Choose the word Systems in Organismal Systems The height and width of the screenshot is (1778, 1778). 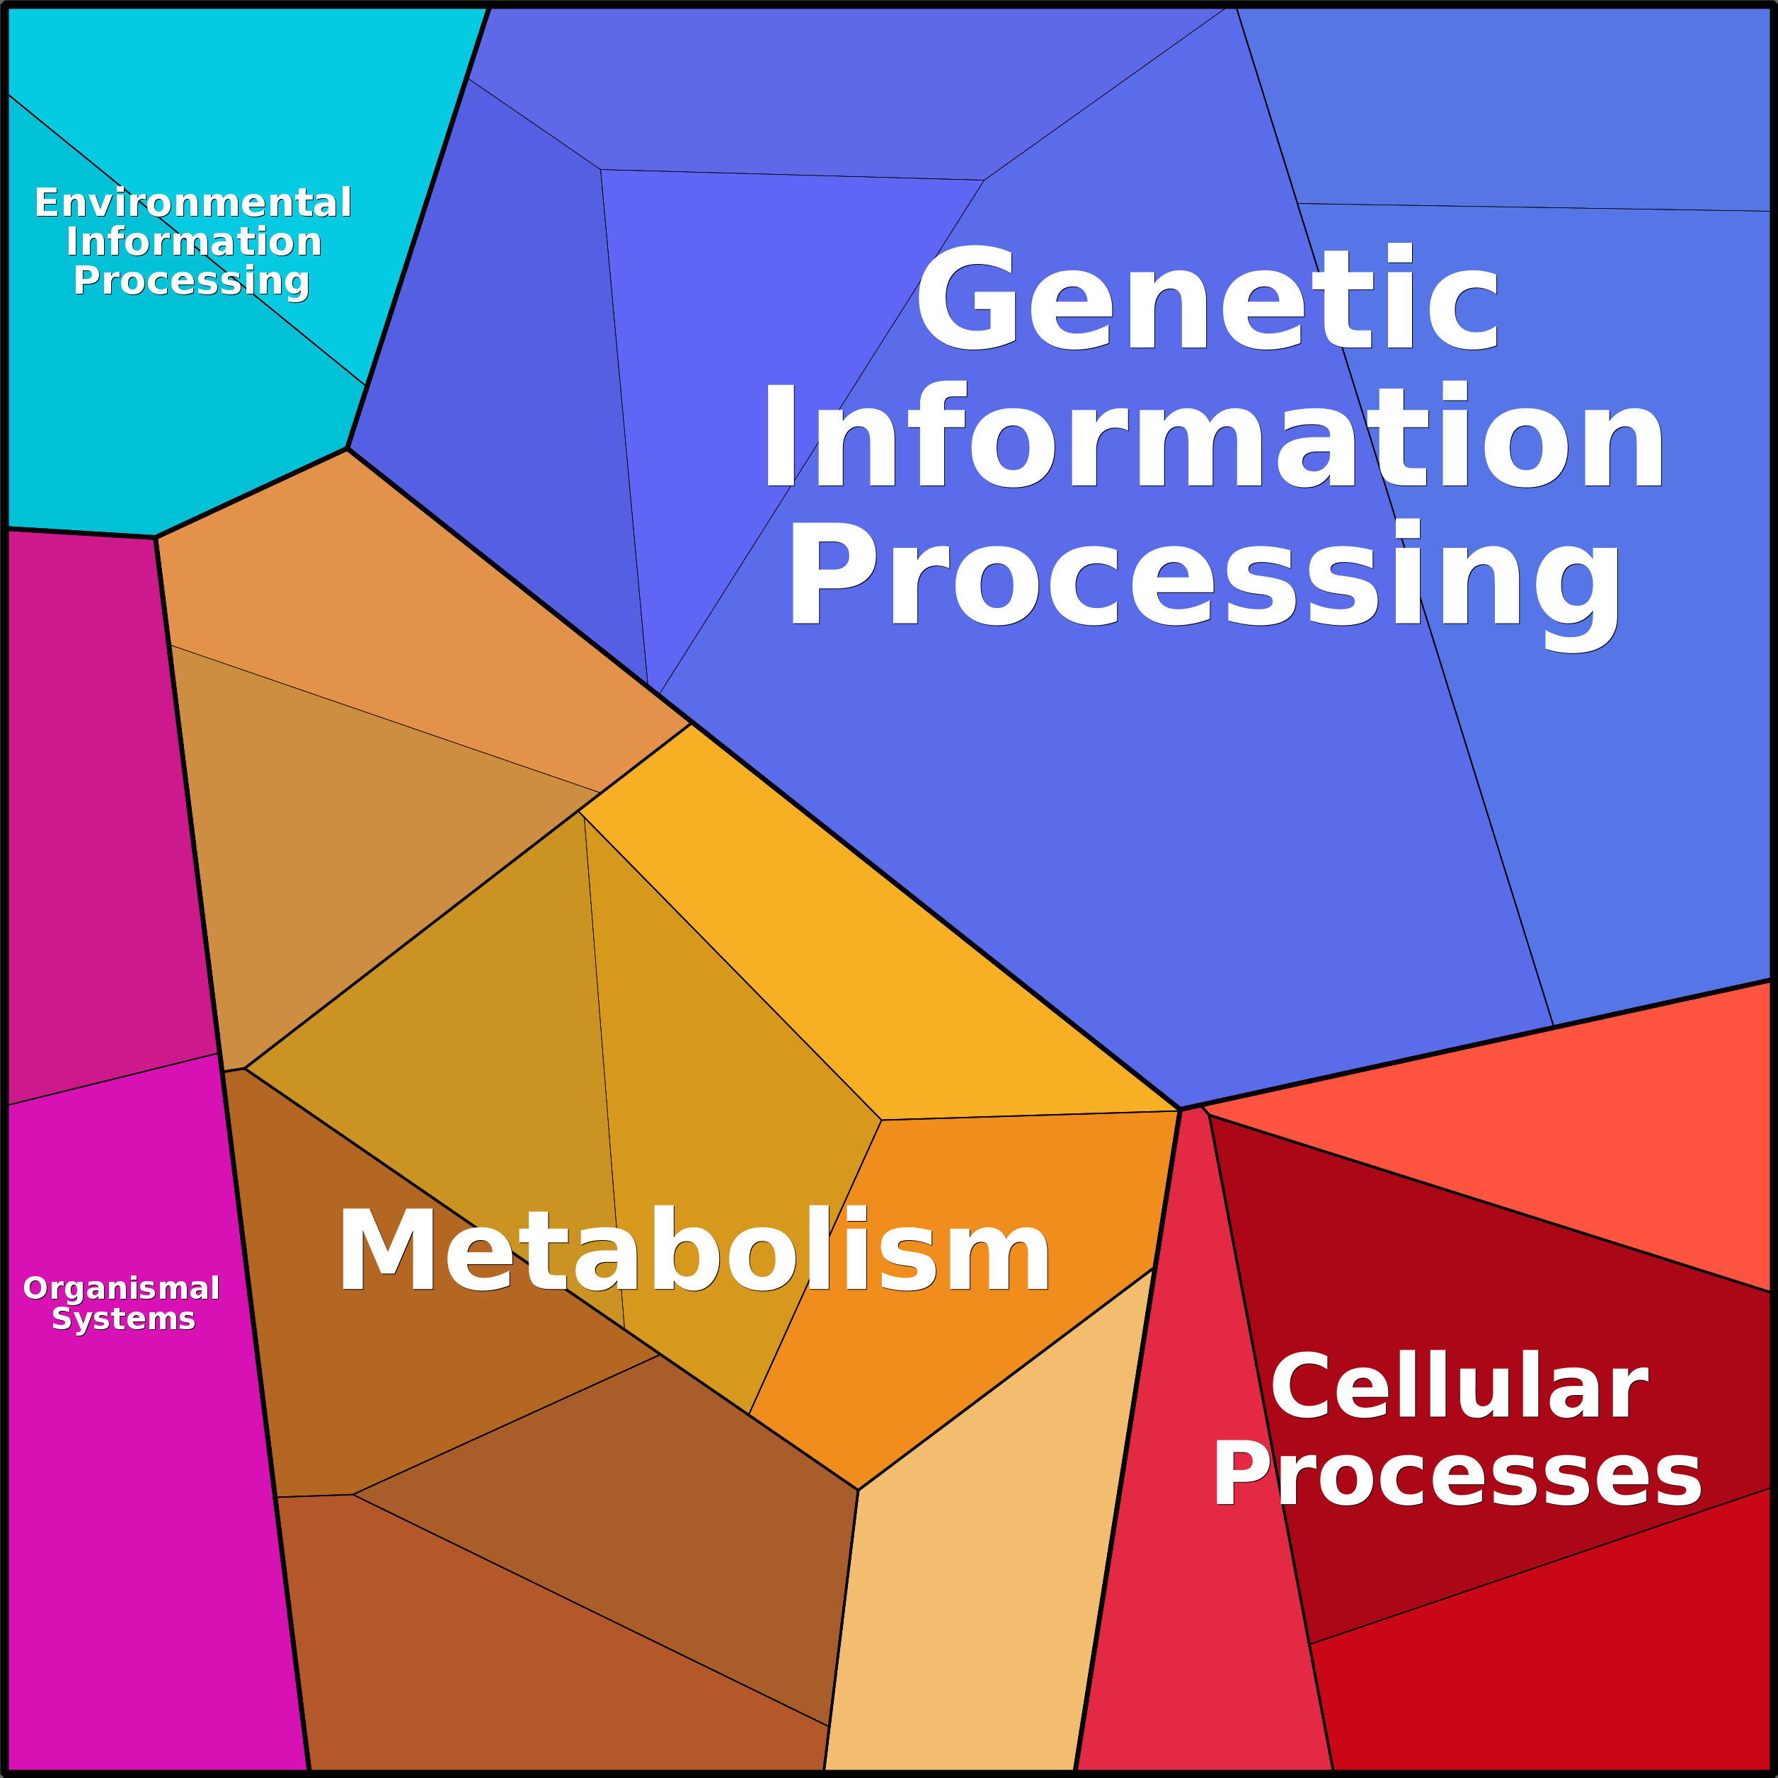pyautogui.click(x=123, y=1319)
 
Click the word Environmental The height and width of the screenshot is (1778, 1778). pyautogui.click(x=193, y=202)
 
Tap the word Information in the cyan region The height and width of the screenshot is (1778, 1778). pyautogui.click(x=193, y=242)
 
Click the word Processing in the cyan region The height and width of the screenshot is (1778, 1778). pyautogui.click(x=191, y=281)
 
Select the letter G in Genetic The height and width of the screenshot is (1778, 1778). pyautogui.click(x=965, y=299)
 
